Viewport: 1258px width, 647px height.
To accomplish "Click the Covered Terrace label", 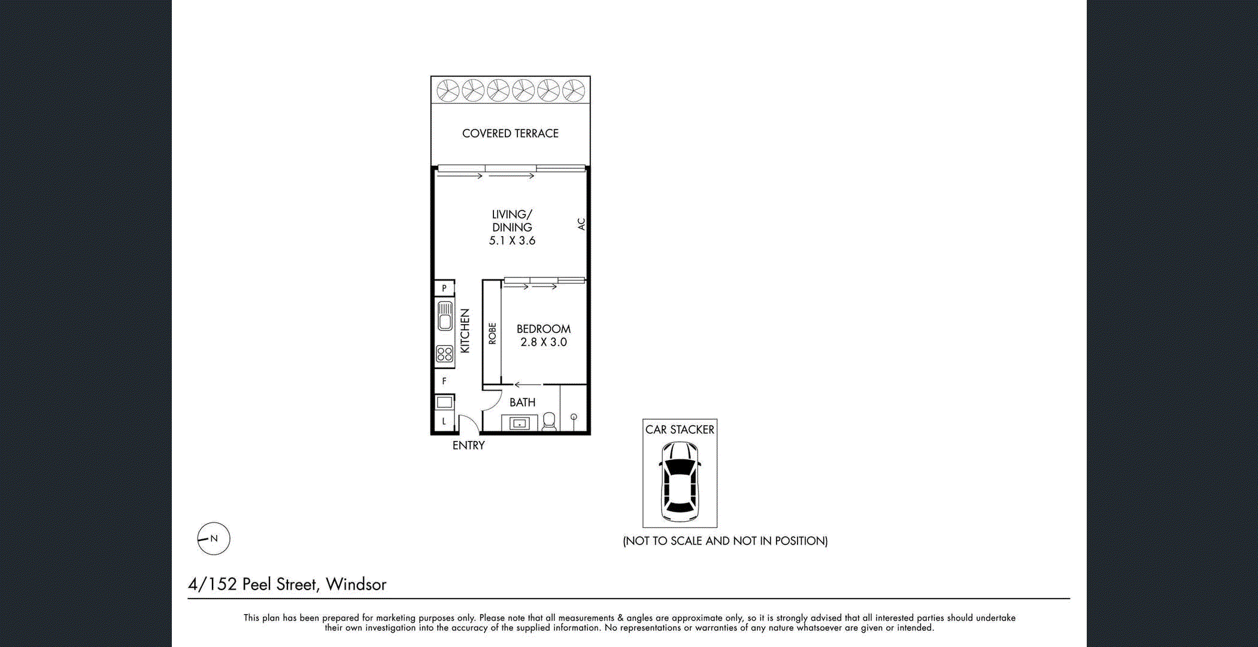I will pyautogui.click(x=510, y=134).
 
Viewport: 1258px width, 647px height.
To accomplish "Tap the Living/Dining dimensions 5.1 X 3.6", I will pyautogui.click(x=512, y=241).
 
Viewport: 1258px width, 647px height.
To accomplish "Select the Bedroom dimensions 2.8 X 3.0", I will pyautogui.click(x=543, y=342).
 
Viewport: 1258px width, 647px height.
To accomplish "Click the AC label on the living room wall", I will pyautogui.click(x=581, y=224).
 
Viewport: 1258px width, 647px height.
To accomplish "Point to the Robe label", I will pyautogui.click(x=492, y=333).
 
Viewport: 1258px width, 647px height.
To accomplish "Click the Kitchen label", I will pyautogui.click(x=465, y=331).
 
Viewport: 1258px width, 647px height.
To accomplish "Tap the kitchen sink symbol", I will pyautogui.click(x=445, y=316).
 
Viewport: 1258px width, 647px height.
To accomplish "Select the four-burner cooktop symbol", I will pyautogui.click(x=444, y=353).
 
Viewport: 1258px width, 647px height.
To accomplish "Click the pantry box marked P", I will pyautogui.click(x=444, y=288).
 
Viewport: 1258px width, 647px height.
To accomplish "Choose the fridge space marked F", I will pyautogui.click(x=444, y=381).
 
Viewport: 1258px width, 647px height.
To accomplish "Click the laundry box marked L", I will pyautogui.click(x=444, y=421).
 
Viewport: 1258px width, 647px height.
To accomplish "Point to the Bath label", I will pyautogui.click(x=522, y=403).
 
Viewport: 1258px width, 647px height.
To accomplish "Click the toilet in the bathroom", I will pyautogui.click(x=549, y=421).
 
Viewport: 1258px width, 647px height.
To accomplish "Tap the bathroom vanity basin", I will pyautogui.click(x=519, y=424).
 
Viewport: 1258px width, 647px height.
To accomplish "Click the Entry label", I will pyautogui.click(x=468, y=446).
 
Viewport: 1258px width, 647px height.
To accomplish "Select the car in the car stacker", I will pyautogui.click(x=680, y=481).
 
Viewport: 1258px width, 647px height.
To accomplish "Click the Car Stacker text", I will pyautogui.click(x=680, y=430).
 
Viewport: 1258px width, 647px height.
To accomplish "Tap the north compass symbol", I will pyautogui.click(x=214, y=539).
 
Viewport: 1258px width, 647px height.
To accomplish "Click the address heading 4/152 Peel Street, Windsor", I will pyautogui.click(x=287, y=584).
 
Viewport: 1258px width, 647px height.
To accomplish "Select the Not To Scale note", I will pyautogui.click(x=725, y=541).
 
